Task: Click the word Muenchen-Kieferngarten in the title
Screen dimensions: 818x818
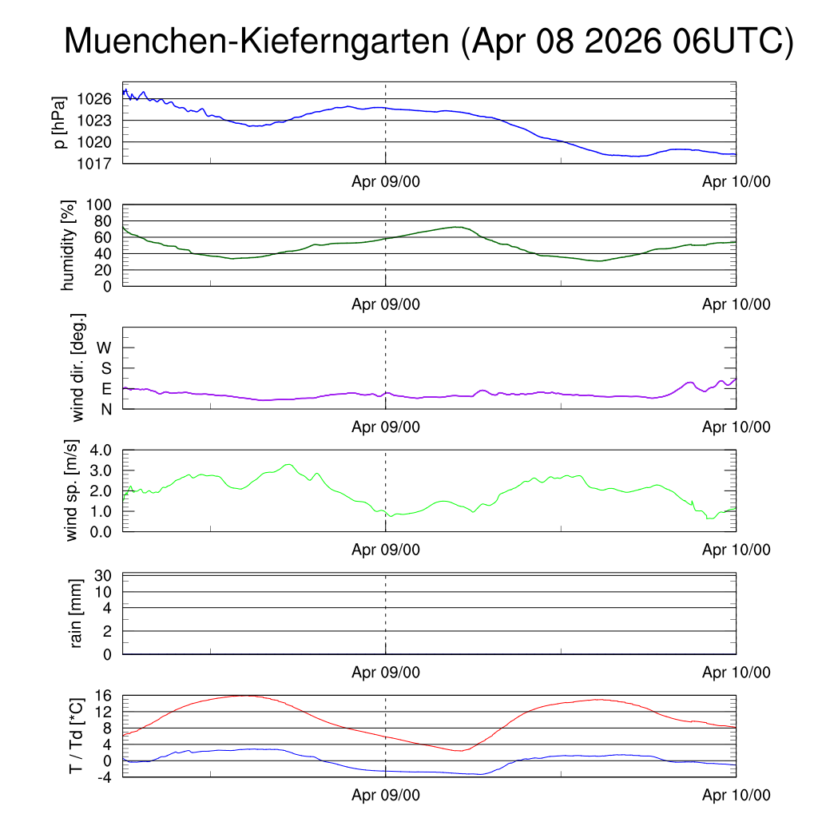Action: click(x=256, y=42)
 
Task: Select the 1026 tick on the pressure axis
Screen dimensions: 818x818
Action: click(x=94, y=98)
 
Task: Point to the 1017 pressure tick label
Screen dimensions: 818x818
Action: click(x=94, y=164)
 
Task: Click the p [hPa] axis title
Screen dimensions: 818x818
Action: click(x=60, y=122)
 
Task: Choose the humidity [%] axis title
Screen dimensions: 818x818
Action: click(x=68, y=245)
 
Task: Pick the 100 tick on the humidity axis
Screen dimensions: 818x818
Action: click(x=98, y=204)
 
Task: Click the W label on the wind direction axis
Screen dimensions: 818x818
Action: click(x=104, y=348)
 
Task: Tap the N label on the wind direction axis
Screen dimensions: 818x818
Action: click(x=106, y=410)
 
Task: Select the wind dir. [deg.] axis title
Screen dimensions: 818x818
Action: click(x=77, y=367)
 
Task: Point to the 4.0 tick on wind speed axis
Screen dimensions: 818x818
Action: click(x=101, y=451)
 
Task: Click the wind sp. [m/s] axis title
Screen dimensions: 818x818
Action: click(x=71, y=491)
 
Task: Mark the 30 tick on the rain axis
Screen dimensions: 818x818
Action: click(x=103, y=575)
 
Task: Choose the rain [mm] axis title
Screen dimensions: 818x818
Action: click(x=76, y=613)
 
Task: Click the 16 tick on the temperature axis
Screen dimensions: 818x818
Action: click(x=103, y=696)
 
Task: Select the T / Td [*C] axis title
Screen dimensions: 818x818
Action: click(x=76, y=736)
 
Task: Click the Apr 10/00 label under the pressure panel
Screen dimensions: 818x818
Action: click(x=736, y=181)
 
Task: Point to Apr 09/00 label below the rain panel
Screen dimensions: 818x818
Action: click(x=386, y=673)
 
